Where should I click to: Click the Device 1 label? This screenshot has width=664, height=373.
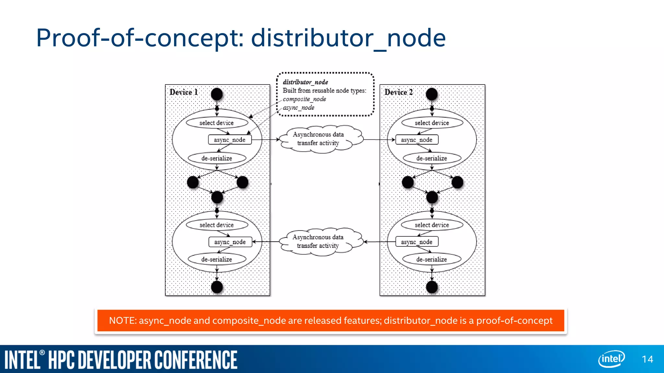(x=184, y=92)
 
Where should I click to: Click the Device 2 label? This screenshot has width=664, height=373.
(x=398, y=92)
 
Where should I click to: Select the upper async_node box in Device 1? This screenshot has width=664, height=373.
(x=230, y=140)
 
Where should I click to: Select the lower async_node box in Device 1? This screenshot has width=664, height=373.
(x=230, y=242)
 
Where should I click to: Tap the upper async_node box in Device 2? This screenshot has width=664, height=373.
(x=417, y=140)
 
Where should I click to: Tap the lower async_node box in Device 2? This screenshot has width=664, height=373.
(x=417, y=242)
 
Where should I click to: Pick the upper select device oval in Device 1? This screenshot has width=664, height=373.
(x=217, y=123)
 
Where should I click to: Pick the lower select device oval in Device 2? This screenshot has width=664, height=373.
(x=432, y=225)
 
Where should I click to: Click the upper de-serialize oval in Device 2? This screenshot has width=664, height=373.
(x=432, y=158)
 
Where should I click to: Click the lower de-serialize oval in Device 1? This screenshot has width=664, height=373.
(x=217, y=259)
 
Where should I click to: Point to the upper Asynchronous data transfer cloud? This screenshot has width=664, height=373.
(x=319, y=139)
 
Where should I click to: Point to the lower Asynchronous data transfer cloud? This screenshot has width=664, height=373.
(x=318, y=241)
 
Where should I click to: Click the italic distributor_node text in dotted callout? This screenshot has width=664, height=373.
(x=305, y=82)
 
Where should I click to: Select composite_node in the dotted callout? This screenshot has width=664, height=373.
(x=304, y=99)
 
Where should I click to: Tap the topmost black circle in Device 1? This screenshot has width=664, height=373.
(x=217, y=94)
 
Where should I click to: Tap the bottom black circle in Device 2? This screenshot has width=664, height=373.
(x=432, y=287)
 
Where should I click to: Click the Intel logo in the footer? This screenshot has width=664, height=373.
(x=611, y=359)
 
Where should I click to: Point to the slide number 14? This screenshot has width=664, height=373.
(x=647, y=359)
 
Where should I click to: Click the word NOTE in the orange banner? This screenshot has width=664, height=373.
(x=123, y=321)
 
